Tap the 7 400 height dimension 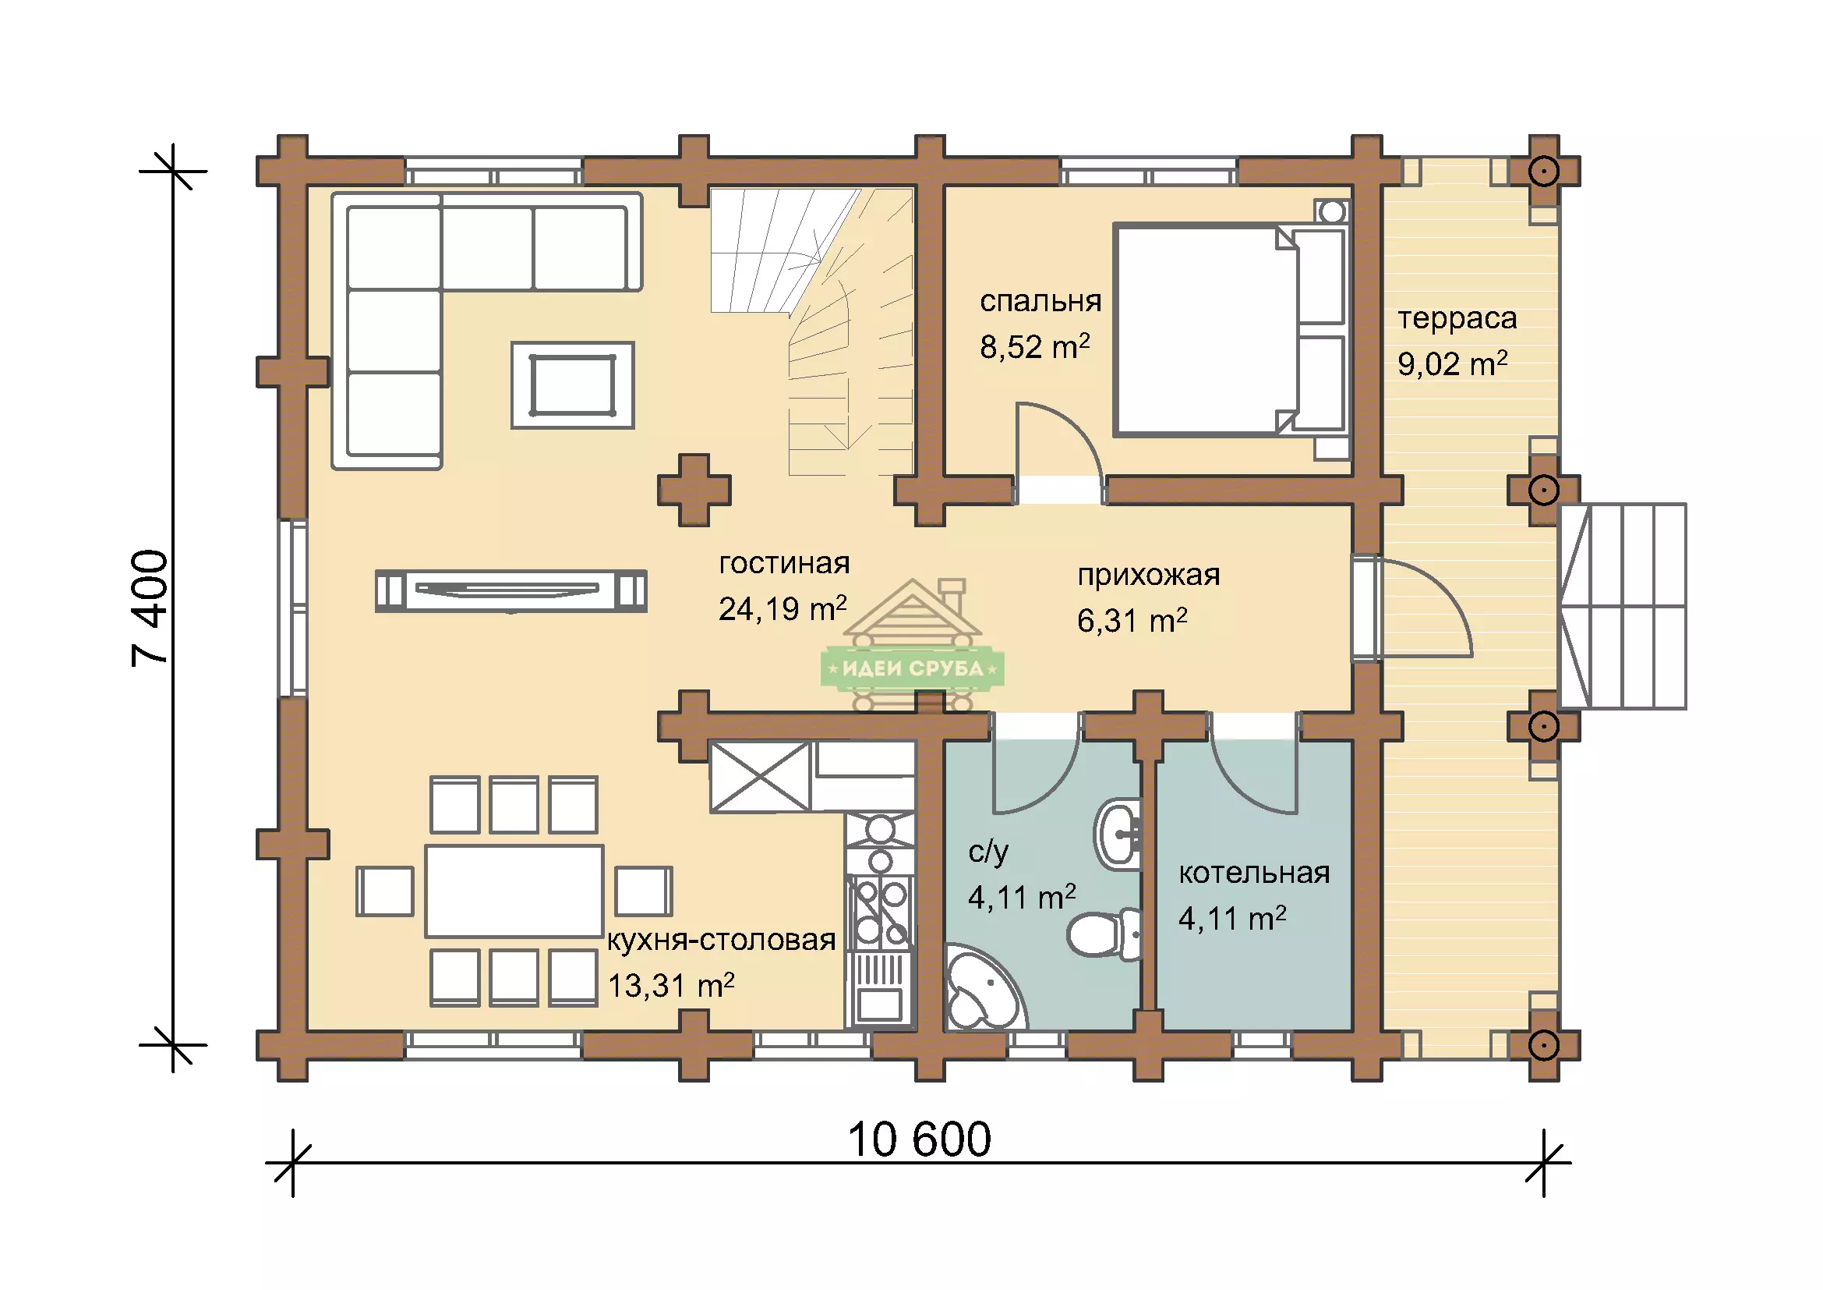click(150, 608)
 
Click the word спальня click(1040, 301)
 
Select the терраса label click(1457, 318)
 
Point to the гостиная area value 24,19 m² click(782, 608)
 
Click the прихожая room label click(1148, 575)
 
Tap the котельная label click(1254, 873)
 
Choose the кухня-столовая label click(721, 941)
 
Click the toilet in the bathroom click(1104, 934)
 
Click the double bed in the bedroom click(1231, 330)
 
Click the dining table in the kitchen click(514, 891)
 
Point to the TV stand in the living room click(511, 591)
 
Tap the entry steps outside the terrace click(1621, 606)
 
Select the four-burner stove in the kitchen click(881, 913)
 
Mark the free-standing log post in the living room click(694, 490)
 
